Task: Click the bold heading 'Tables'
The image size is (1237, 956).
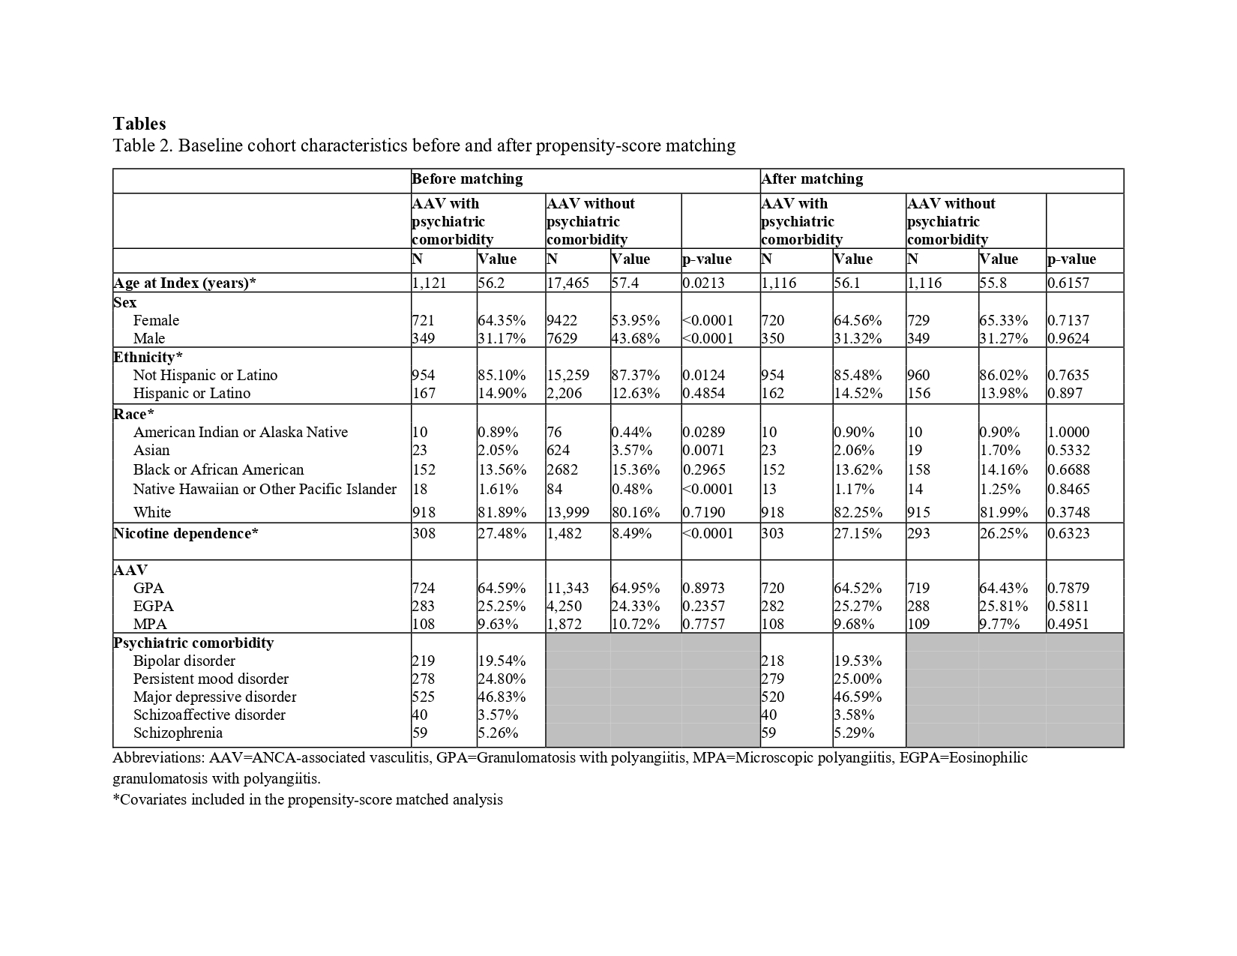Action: pos(139,124)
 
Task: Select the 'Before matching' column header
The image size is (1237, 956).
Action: pos(467,179)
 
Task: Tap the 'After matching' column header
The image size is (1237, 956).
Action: pos(812,179)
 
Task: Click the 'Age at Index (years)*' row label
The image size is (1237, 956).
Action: pos(185,283)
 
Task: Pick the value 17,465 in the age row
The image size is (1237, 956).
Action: pos(568,283)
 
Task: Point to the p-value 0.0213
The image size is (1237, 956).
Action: pos(703,283)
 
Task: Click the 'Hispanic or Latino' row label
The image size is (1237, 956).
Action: pos(192,394)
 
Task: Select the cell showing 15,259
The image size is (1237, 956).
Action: pos(568,376)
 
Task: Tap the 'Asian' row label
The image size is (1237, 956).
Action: pos(151,451)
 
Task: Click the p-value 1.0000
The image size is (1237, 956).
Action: pos(1069,433)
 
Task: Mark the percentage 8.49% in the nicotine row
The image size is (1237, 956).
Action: pos(631,534)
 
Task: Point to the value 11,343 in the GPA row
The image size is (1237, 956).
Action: pos(568,589)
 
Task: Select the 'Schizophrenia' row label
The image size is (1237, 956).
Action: pos(178,733)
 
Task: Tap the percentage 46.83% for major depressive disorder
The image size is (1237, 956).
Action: pos(502,697)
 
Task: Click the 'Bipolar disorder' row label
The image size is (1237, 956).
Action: pos(184,661)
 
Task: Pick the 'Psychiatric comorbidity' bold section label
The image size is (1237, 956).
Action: pos(193,643)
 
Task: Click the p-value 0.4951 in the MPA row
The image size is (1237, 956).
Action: pos(1068,625)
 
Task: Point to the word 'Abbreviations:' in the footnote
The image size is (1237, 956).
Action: pos(154,758)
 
